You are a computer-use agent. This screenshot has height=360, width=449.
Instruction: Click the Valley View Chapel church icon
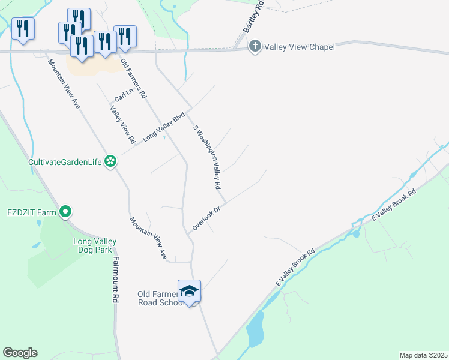pos(255,46)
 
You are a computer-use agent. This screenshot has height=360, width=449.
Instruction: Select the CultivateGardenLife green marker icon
pos(110,161)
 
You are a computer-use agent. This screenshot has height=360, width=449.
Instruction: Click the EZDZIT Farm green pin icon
pos(66,211)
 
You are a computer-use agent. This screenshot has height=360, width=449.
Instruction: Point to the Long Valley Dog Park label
pos(95,246)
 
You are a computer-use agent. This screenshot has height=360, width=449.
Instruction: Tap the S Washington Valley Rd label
pos(208,157)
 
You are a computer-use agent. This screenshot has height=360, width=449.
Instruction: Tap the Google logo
pos(20,353)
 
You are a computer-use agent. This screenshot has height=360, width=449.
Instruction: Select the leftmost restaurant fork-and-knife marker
pos(23,28)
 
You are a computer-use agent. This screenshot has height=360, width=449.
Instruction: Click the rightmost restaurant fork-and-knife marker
pos(125,37)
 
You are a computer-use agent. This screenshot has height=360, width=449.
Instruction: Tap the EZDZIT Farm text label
pos(31,212)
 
